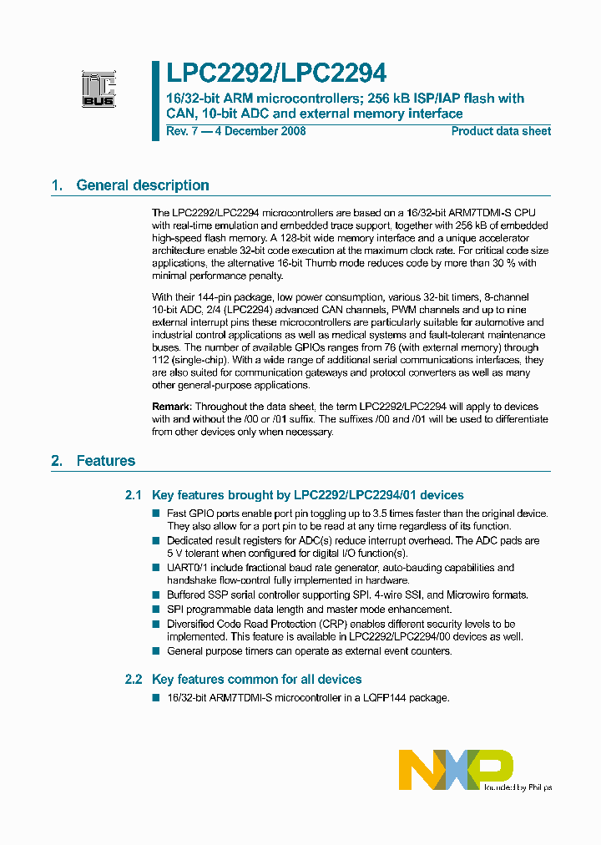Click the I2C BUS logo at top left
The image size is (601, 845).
98,87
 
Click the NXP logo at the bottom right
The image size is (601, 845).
455,769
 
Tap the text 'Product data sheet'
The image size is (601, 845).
501,131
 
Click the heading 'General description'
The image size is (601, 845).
143,185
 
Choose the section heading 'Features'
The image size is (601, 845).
106,460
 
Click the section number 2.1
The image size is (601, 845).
134,495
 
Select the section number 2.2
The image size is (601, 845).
134,679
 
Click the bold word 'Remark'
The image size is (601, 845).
172,406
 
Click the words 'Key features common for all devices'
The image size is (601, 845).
257,679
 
